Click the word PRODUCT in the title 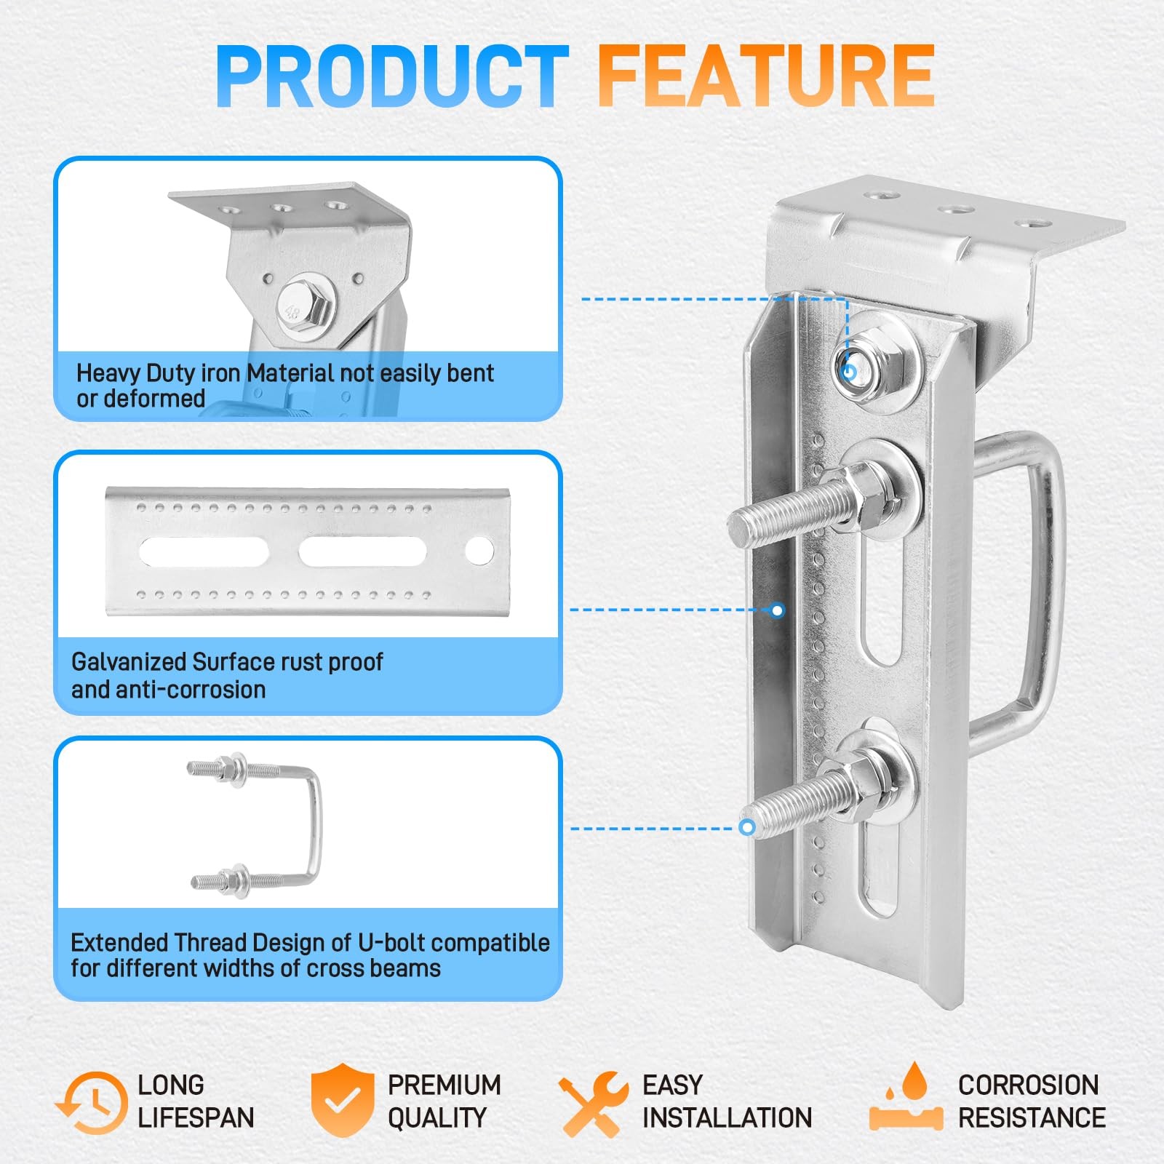392,76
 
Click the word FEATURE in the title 765,76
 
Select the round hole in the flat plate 479,551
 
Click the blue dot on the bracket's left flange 778,610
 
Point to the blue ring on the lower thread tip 746,827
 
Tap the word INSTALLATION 727,1117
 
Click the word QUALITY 436,1117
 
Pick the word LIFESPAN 196,1117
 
